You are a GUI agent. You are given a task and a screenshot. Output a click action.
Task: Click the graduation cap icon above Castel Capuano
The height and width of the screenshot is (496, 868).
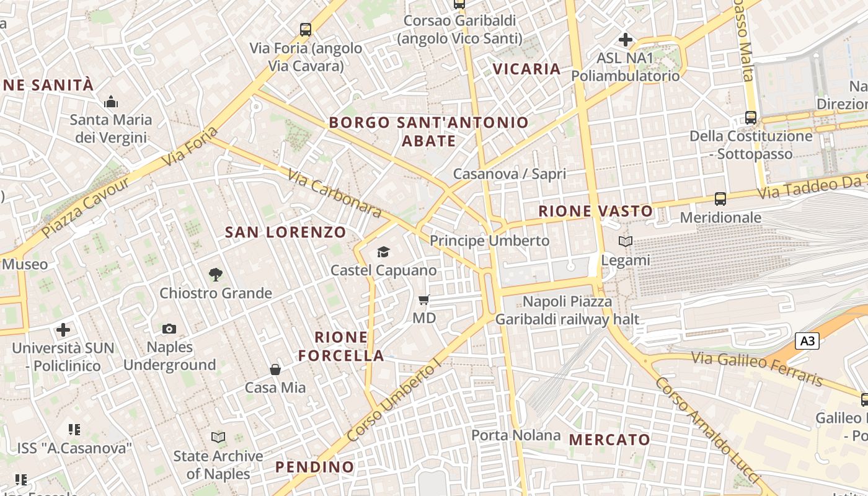(x=384, y=252)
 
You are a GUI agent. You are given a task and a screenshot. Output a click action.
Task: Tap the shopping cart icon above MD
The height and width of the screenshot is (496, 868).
(x=424, y=300)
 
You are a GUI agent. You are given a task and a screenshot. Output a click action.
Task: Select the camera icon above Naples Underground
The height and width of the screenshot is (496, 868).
(x=169, y=329)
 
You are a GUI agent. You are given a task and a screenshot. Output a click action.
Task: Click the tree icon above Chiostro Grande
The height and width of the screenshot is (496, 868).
(x=216, y=274)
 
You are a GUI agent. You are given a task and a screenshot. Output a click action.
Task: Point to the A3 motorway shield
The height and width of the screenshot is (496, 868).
(x=807, y=340)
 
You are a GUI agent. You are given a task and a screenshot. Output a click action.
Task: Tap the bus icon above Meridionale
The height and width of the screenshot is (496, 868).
(x=720, y=199)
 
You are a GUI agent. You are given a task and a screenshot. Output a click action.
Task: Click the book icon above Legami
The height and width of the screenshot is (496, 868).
(x=626, y=242)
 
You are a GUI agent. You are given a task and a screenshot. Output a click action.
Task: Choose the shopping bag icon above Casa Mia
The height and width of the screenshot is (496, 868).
(x=275, y=370)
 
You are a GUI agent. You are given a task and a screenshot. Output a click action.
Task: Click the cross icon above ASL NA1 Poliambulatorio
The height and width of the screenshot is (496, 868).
(x=625, y=40)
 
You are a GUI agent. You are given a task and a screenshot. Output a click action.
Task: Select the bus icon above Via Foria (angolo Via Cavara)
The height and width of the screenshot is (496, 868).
(x=306, y=29)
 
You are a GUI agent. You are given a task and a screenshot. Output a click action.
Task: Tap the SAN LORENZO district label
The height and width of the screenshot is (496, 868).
(x=285, y=232)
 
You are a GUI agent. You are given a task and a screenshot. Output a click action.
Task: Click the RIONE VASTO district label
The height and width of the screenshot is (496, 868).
(x=595, y=211)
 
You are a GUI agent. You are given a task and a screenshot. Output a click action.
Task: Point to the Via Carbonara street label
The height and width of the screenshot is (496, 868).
(x=334, y=193)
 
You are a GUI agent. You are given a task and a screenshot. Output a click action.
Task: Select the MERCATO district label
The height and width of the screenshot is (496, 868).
(x=609, y=440)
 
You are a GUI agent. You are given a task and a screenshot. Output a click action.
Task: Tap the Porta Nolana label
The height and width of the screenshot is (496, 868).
(x=516, y=435)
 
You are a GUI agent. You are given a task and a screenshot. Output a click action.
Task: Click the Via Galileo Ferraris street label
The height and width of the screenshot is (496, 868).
(x=756, y=368)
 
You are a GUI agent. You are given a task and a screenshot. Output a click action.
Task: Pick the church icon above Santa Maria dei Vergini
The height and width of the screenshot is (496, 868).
(x=111, y=102)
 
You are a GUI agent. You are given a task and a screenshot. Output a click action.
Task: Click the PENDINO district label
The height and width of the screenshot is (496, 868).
(x=314, y=467)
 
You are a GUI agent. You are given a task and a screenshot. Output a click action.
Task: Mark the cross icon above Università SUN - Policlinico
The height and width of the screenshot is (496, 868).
(x=63, y=330)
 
